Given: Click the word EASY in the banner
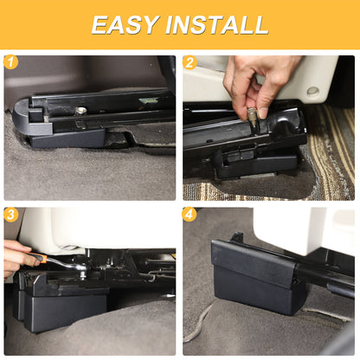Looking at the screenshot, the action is pos(125,25).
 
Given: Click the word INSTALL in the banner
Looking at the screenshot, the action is pos(217,25).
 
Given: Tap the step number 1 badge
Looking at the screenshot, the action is pos(11,62).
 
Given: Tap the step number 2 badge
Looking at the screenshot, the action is pos(190,62).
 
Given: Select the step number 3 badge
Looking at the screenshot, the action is pos(11,215).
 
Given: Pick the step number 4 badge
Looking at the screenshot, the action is pos(189,215).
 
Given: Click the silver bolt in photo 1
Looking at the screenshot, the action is pos(81,110).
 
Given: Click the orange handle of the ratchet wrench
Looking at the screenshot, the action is pos(38,257).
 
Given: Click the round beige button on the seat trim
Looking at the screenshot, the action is pos(312,91).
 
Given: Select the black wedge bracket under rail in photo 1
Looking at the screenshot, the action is pos(67,138).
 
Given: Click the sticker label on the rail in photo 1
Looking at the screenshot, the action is pos(148,100).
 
